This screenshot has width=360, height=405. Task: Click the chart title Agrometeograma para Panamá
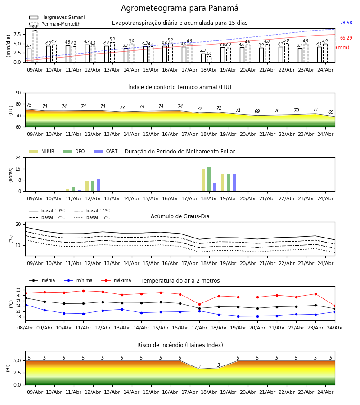[x=180, y=8]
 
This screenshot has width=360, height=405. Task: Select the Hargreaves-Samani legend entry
[x=57, y=17]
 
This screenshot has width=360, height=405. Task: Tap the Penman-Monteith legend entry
[x=55, y=24]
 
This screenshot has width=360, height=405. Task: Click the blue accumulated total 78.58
[x=346, y=23]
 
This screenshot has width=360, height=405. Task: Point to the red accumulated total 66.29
[x=346, y=38]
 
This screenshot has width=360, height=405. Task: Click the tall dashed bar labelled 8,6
[x=35, y=46]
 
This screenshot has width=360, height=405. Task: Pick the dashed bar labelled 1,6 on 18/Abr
[x=209, y=59]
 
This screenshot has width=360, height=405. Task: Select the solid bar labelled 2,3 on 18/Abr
[x=203, y=58]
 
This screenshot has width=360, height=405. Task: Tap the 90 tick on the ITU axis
[x=18, y=93]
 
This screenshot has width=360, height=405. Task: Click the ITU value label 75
[x=29, y=105]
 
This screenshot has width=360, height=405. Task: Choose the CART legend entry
[x=106, y=151]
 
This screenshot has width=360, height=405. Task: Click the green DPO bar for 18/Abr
[x=209, y=180]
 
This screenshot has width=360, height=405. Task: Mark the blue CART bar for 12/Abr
[x=99, y=185]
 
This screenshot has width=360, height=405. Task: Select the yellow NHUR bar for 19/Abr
[x=223, y=183]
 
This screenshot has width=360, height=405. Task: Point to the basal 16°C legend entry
[x=92, y=217]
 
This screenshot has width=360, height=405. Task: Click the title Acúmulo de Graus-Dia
[x=180, y=216]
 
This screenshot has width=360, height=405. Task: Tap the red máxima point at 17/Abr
[x=199, y=304]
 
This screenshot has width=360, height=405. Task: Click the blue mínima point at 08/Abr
[x=25, y=305]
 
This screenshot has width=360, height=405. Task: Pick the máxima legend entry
[x=116, y=280]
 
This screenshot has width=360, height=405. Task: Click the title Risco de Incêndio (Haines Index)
[x=180, y=345]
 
